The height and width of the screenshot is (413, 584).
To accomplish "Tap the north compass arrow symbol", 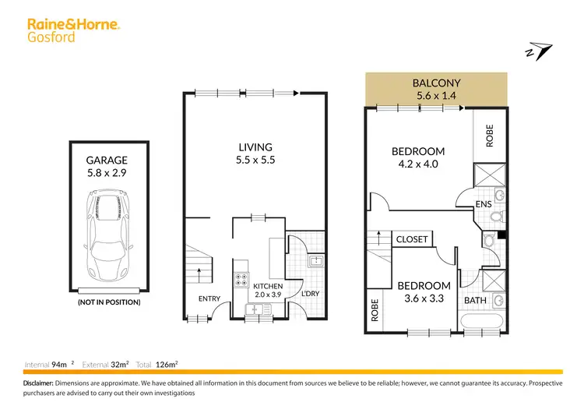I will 537,51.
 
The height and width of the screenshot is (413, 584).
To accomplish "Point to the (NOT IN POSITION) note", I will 108,301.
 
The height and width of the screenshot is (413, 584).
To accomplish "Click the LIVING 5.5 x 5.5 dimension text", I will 255,154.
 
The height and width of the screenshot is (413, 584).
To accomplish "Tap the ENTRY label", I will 209,298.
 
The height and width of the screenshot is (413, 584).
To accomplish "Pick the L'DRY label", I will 310,294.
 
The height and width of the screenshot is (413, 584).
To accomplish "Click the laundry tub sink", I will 315,262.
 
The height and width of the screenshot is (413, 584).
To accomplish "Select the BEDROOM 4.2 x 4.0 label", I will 418,158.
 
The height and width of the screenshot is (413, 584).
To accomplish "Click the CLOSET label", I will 412,239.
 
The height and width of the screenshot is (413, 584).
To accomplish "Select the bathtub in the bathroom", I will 483,323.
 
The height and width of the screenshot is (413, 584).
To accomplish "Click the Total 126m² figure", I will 157,364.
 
